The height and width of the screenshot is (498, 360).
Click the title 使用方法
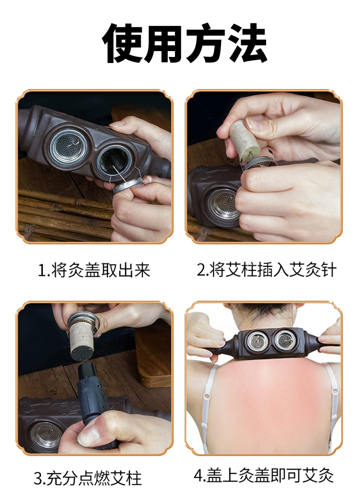tap(185, 43)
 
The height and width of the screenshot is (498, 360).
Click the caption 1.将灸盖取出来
tap(94, 270)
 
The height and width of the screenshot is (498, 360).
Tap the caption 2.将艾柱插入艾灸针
tap(266, 270)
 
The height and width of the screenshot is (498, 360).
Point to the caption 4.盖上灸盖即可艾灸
tap(263, 476)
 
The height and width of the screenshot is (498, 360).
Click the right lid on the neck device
tap(284, 341)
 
